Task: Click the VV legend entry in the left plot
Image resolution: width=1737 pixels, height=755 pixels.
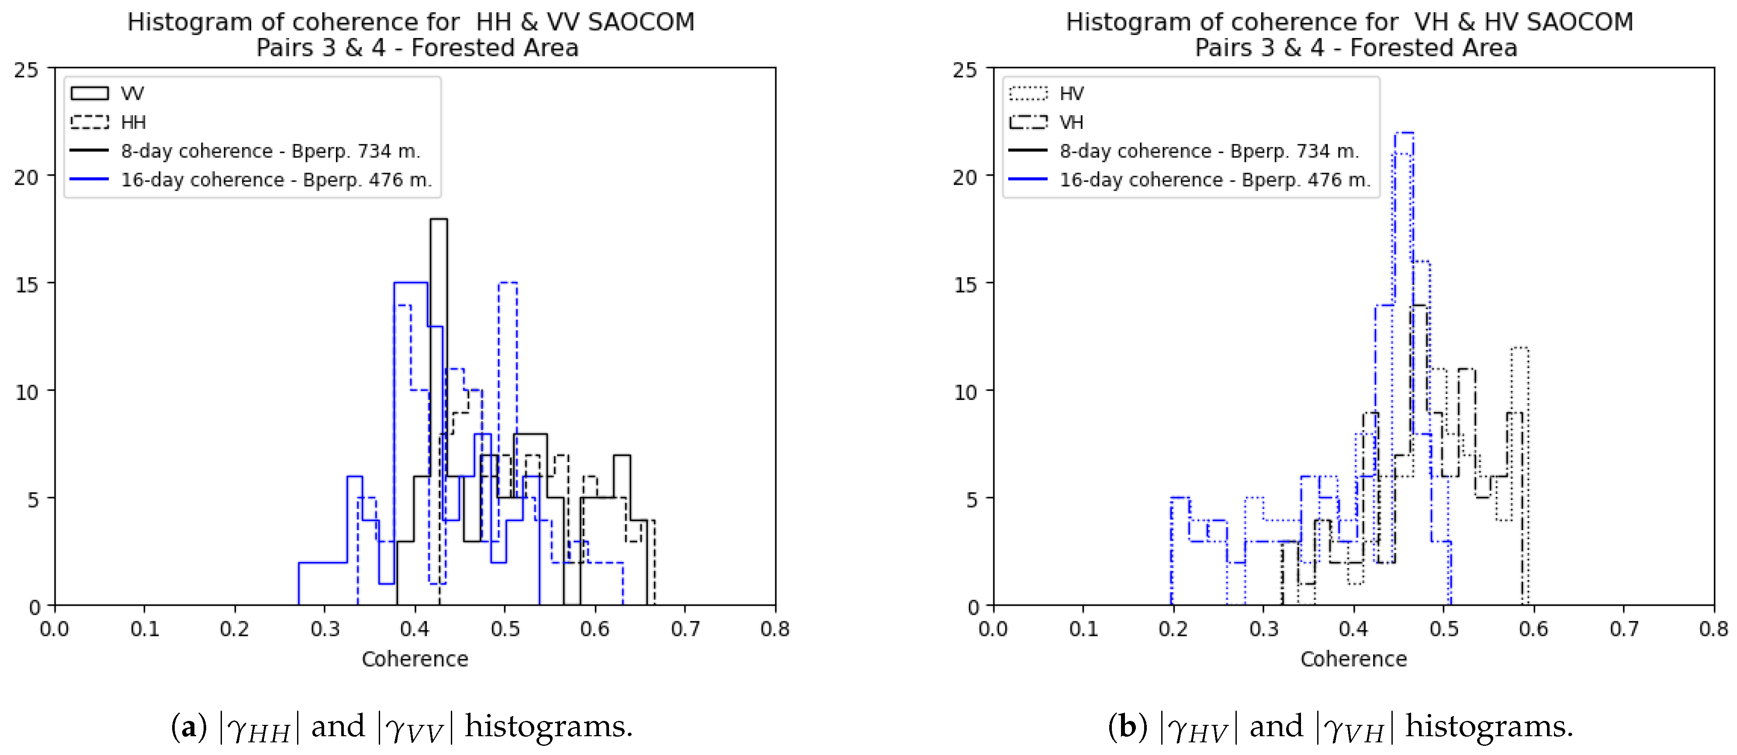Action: (108, 93)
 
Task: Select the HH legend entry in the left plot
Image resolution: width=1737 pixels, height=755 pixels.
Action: (108, 122)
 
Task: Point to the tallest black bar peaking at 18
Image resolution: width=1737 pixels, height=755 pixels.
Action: (438, 220)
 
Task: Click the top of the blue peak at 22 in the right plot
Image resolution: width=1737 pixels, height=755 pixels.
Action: (1404, 134)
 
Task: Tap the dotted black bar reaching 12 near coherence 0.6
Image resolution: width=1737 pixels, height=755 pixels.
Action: (1520, 348)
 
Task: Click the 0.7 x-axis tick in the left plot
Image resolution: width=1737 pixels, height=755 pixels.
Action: (685, 629)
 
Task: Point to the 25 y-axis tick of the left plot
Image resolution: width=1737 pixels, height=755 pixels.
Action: (27, 69)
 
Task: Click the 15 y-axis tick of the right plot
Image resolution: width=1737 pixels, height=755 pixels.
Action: (965, 284)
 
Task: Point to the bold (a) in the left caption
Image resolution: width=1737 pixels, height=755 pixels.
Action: (189, 727)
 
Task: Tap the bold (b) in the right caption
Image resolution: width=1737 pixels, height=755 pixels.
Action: (1128, 727)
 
